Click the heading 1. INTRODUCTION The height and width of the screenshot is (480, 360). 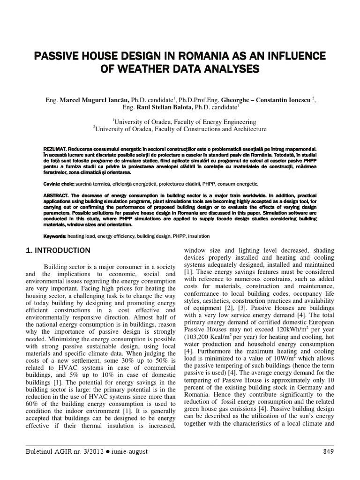[x=58, y=251]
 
